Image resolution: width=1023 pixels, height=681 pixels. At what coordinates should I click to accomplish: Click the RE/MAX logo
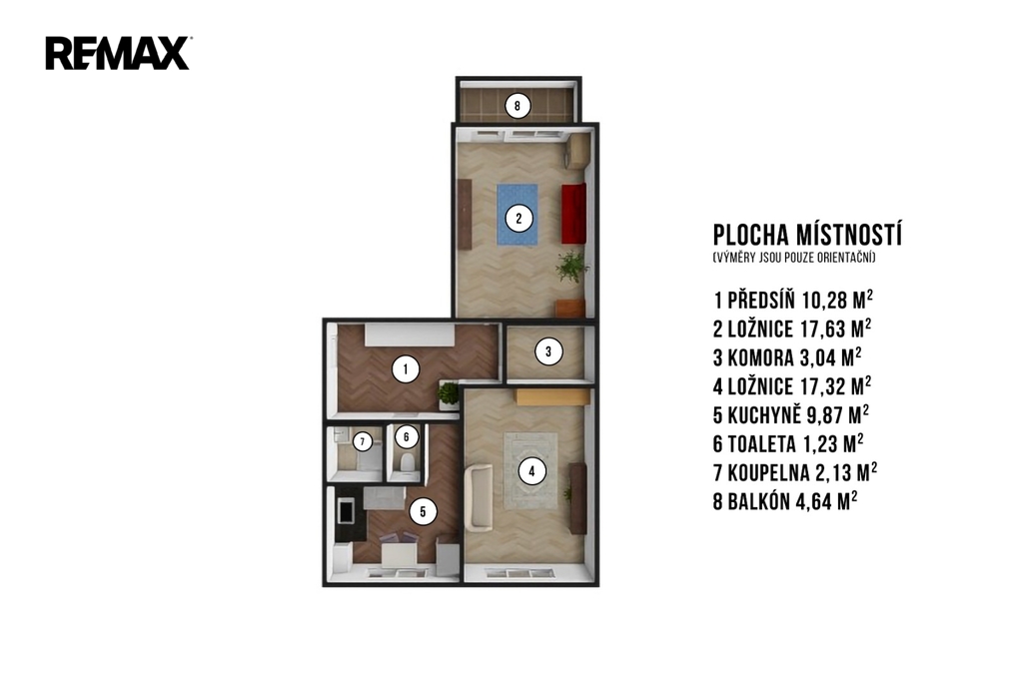point(118,54)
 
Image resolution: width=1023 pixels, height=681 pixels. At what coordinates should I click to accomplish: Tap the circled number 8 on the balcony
point(517,106)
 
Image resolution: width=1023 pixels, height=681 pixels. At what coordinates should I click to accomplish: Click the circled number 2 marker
point(518,219)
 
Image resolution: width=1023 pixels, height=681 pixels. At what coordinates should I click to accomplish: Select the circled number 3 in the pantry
point(548,352)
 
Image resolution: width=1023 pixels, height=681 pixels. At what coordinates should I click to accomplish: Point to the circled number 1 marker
point(406,369)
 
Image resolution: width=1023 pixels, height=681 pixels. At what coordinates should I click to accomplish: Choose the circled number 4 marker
point(531,471)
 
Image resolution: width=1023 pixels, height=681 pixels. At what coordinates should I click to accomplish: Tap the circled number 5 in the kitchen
point(423,512)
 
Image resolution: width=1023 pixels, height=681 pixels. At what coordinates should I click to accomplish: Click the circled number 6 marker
point(406,436)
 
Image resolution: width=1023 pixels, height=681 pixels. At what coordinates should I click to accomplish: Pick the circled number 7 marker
point(362,441)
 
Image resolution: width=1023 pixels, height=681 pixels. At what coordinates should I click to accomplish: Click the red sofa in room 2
point(574,214)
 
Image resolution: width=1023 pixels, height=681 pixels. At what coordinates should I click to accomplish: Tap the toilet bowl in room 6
point(407,463)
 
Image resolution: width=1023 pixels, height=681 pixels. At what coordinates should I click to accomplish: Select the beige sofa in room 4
point(479,497)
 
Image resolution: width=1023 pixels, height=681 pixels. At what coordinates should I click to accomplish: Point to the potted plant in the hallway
point(449,393)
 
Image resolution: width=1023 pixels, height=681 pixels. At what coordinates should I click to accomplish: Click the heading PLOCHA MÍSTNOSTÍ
point(807,235)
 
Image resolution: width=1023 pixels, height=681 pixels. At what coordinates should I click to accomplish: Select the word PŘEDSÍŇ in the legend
point(761,300)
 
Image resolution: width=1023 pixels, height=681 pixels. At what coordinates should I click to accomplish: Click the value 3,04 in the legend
point(818,358)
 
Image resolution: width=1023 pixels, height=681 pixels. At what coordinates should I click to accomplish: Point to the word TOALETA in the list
point(761,444)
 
